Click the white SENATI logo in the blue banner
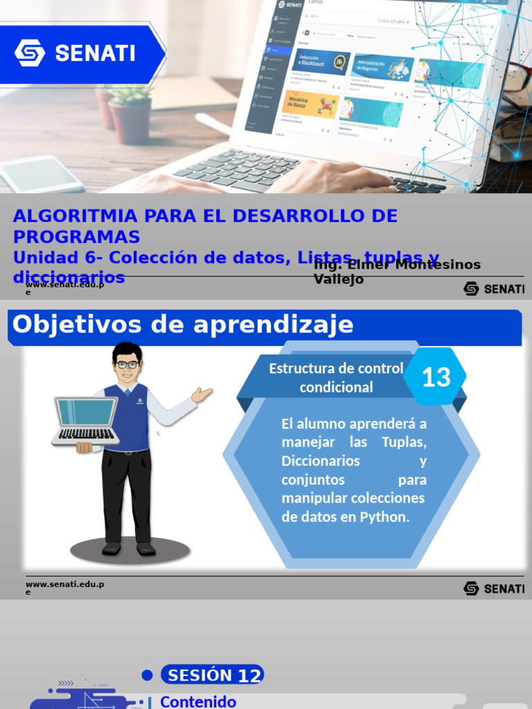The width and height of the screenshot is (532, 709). (75, 53)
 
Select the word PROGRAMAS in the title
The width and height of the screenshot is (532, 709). (76, 237)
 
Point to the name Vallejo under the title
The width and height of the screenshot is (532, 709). (339, 280)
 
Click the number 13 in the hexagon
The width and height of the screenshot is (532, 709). (436, 377)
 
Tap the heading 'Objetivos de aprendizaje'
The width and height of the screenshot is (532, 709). (183, 325)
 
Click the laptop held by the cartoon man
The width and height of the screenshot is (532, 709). (86, 420)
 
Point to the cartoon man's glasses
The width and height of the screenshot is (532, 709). (127, 364)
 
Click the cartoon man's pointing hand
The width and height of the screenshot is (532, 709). (202, 395)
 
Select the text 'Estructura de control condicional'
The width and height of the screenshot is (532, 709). (336, 377)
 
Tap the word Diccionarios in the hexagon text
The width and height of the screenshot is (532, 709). (321, 460)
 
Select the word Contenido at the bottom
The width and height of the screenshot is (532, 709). (198, 701)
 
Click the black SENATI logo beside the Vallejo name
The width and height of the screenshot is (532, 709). (493, 289)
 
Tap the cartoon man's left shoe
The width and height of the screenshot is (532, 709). (112, 548)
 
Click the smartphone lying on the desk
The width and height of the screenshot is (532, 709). (42, 174)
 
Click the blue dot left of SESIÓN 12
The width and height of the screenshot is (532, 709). (147, 675)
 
